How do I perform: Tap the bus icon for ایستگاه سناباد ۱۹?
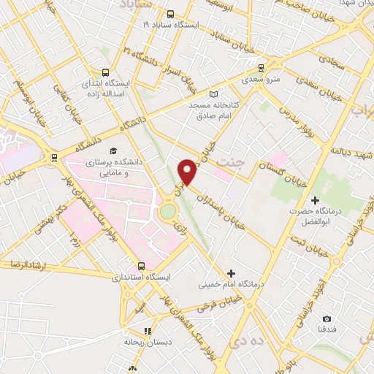[x=170, y=14]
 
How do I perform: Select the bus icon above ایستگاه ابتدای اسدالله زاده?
[x=106, y=73]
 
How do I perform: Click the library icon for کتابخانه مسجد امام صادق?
[x=213, y=93]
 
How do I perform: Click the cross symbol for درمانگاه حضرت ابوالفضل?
[x=315, y=200]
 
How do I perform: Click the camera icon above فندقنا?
[x=326, y=318]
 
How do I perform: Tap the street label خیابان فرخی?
[x=226, y=299]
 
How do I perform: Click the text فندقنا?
[x=326, y=331]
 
